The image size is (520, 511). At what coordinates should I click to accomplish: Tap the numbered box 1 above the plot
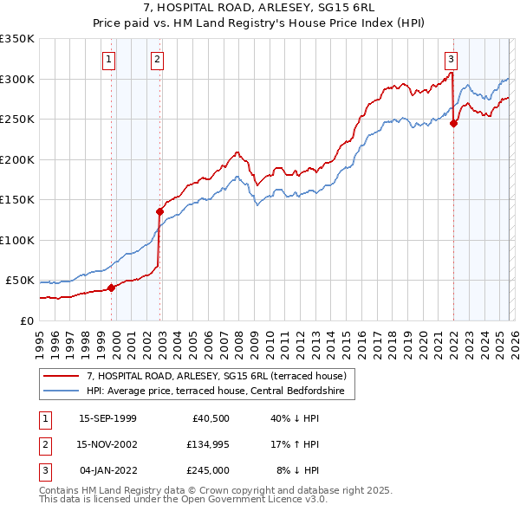click(x=109, y=60)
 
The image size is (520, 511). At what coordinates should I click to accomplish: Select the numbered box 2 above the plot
click(x=157, y=60)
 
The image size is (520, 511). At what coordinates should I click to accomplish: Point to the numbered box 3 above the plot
click(x=452, y=60)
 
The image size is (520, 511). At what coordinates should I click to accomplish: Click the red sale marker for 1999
click(x=111, y=288)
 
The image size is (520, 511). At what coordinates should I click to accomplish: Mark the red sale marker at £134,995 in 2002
click(x=159, y=211)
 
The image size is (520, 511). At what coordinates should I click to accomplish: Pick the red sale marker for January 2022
click(x=453, y=123)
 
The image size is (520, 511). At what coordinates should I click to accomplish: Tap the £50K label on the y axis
click(x=21, y=281)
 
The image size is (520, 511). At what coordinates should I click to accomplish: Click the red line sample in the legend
click(x=62, y=376)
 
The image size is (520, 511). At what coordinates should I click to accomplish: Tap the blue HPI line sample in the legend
click(x=62, y=391)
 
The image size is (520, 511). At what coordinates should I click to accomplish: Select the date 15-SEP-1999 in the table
click(x=107, y=418)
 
